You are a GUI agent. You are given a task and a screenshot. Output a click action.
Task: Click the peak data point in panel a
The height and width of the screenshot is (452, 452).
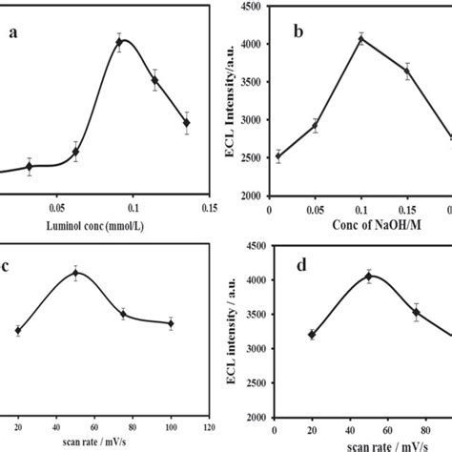tap(119, 41)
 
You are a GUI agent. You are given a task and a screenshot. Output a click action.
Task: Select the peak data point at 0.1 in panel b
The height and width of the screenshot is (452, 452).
tap(361, 39)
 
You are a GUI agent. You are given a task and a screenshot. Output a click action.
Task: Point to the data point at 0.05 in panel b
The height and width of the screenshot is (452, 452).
tap(316, 125)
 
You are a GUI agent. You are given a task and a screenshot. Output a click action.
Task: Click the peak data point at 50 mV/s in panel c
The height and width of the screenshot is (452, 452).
tap(76, 274)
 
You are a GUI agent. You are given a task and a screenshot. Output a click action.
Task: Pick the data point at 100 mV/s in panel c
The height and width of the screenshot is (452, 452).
tap(171, 323)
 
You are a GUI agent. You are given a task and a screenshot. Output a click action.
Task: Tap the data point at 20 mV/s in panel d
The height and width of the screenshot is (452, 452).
tap(312, 334)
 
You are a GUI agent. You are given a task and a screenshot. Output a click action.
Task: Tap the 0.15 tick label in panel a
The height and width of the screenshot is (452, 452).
tap(209, 206)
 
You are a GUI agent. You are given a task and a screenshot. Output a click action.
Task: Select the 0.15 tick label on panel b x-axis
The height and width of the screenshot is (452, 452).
tap(407, 208)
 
